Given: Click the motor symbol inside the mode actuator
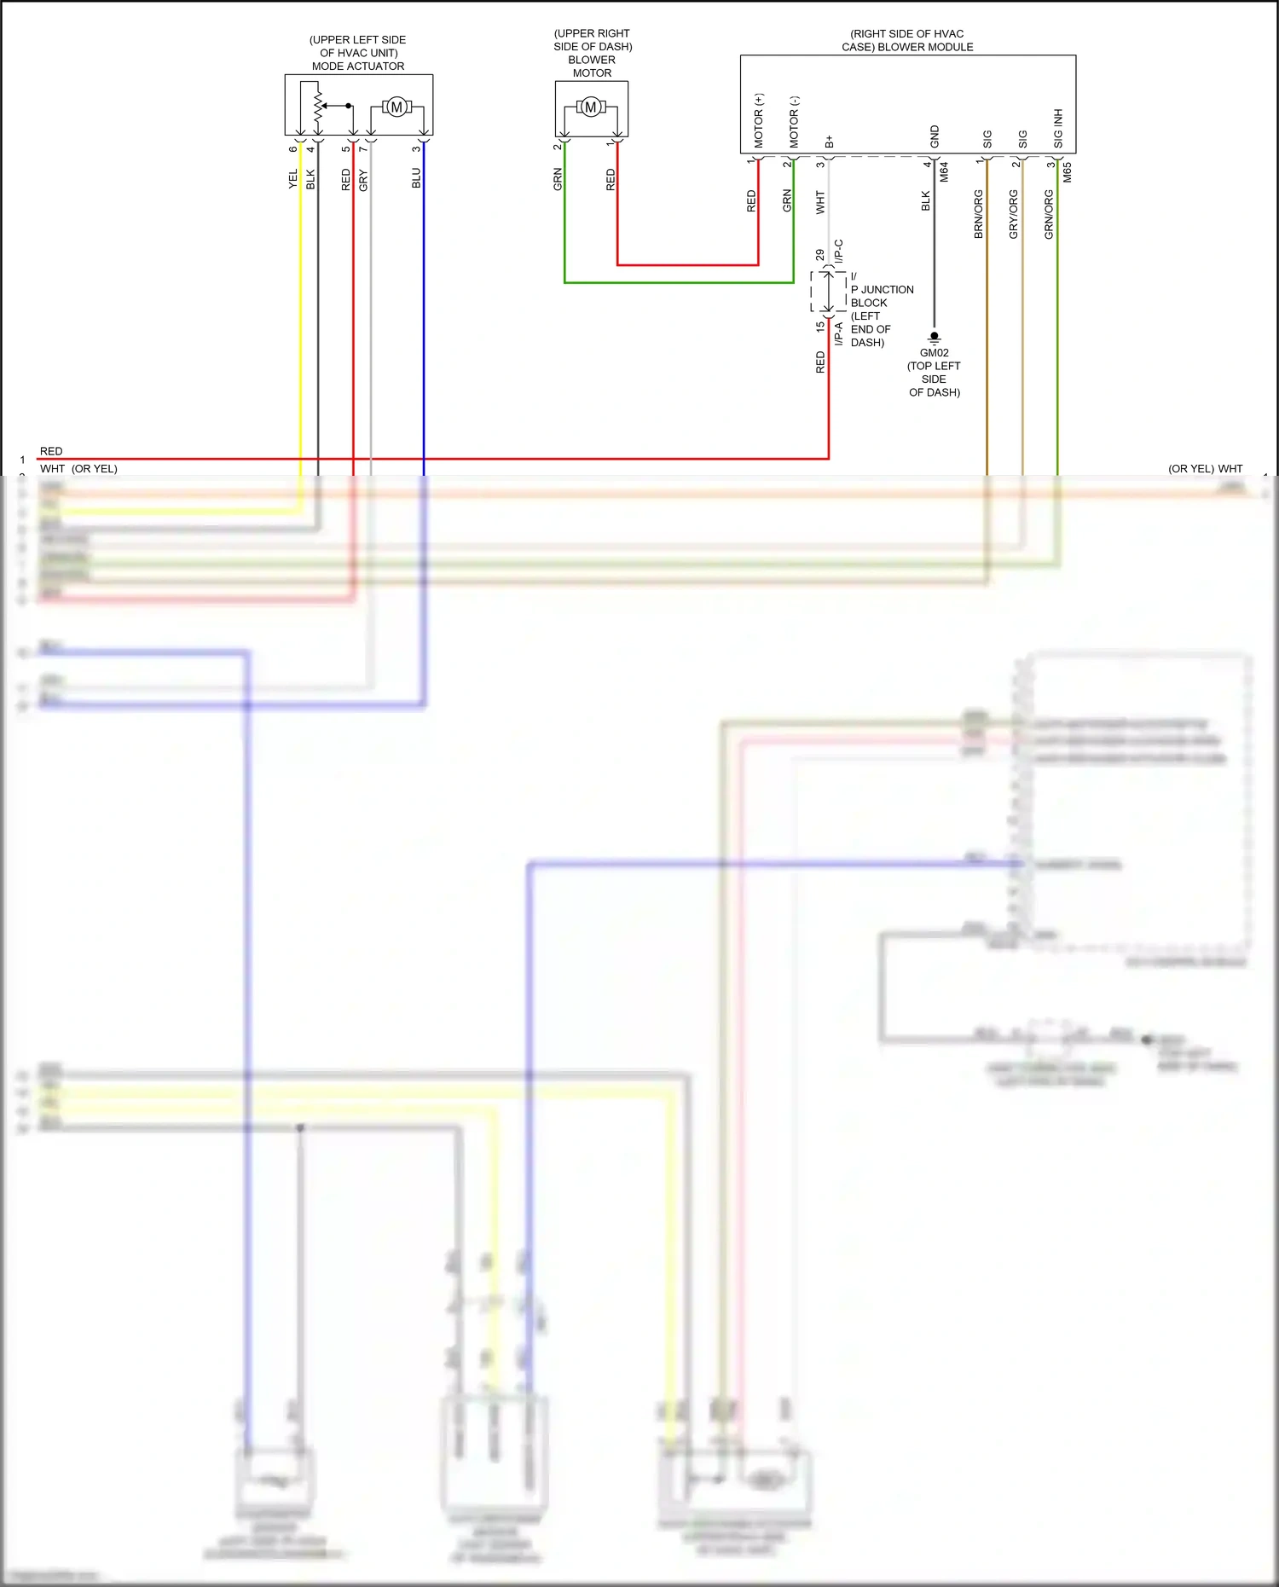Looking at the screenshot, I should tap(396, 107).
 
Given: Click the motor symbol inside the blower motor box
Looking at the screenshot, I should tap(591, 107).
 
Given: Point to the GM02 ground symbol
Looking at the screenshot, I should tap(934, 338).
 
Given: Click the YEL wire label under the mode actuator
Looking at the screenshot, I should tap(293, 179).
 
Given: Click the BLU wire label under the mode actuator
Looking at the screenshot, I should tap(416, 178).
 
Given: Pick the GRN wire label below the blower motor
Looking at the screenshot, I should tap(558, 179).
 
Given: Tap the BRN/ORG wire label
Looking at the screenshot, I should tap(979, 213).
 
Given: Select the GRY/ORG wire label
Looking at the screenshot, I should tap(1014, 213).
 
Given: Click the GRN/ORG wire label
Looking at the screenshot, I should tap(1049, 213).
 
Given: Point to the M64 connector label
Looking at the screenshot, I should tap(944, 172).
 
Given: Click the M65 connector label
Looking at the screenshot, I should tap(1067, 172).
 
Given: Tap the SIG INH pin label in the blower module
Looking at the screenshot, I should tap(1058, 128).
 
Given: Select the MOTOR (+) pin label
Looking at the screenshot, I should tap(759, 120).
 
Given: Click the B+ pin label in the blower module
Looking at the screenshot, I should tap(829, 142).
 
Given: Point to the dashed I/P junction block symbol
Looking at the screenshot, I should tap(828, 292).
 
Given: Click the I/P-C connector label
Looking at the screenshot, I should tap(839, 251).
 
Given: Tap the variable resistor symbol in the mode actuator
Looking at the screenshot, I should tap(318, 106).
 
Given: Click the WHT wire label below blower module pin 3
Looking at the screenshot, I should tap(820, 202).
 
